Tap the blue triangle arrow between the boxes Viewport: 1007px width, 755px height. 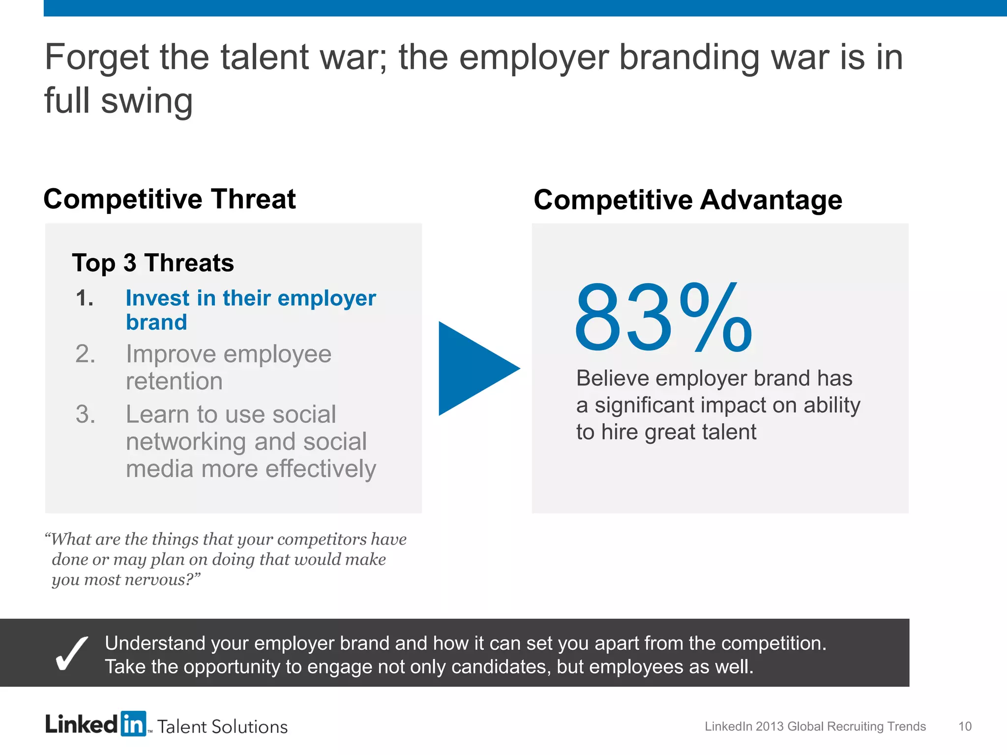click(x=472, y=369)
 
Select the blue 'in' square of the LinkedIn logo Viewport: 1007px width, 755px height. click(x=133, y=724)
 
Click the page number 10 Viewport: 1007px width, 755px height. click(x=965, y=726)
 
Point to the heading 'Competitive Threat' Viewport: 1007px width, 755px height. click(x=170, y=199)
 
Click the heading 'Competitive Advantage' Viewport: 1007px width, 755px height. click(x=688, y=200)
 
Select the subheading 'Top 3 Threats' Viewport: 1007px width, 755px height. click(x=153, y=262)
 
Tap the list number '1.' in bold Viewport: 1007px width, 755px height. click(x=85, y=298)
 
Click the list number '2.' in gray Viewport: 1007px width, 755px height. click(x=85, y=354)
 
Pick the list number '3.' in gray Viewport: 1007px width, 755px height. click(x=85, y=414)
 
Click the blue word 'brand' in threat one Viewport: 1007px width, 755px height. click(x=156, y=322)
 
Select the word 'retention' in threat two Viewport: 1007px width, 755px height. click(x=174, y=381)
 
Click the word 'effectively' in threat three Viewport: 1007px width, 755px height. click(x=321, y=469)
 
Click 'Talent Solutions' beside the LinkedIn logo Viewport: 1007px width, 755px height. click(x=222, y=726)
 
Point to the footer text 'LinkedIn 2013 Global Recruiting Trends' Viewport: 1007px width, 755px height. click(x=815, y=726)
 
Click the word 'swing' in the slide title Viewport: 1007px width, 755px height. click(x=147, y=101)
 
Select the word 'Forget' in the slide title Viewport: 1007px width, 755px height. click(x=97, y=57)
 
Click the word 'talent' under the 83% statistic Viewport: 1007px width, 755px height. click(x=729, y=432)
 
